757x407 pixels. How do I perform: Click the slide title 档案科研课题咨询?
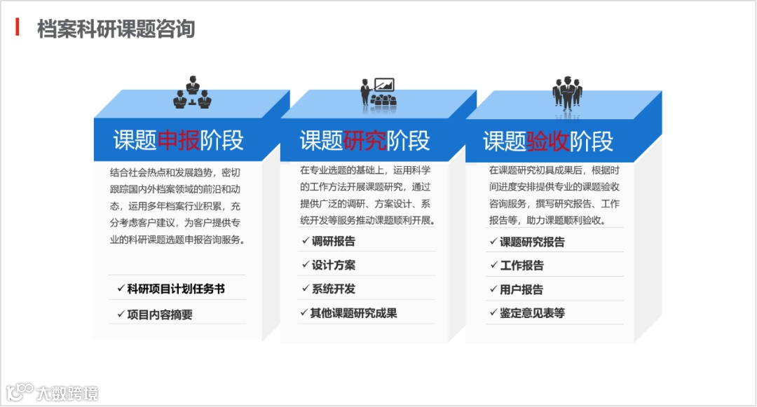tap(116, 29)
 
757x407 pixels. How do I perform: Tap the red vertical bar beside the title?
tap(18, 28)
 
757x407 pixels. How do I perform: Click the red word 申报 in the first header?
tap(179, 141)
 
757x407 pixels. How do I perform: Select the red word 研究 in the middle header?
tap(365, 141)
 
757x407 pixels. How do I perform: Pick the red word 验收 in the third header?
tap(548, 141)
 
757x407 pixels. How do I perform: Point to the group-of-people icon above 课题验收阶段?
tap(567, 93)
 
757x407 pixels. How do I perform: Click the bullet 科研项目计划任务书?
tap(176, 289)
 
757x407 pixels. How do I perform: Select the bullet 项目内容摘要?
tap(160, 315)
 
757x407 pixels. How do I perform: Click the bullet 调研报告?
tap(334, 242)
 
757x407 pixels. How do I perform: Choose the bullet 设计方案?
tap(334, 265)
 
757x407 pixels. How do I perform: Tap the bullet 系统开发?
tap(334, 289)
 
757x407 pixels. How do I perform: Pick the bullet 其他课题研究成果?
tap(354, 313)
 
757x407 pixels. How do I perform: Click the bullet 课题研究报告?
tap(532, 242)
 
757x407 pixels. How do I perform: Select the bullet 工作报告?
tap(521, 265)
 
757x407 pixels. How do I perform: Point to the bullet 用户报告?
tap(521, 289)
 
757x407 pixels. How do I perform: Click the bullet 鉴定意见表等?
tap(532, 313)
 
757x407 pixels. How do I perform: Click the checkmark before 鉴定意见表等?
tap(492, 313)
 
